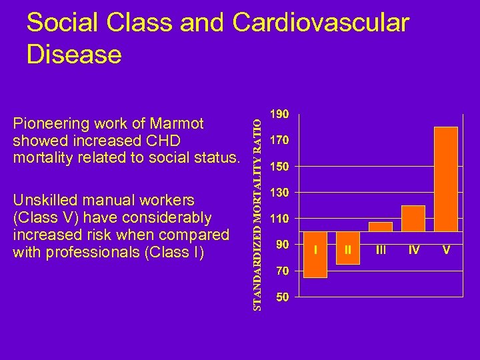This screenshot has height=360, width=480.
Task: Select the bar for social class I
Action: point(315,255)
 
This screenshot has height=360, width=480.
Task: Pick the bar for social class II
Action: point(347,248)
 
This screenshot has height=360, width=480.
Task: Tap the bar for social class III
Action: point(380,227)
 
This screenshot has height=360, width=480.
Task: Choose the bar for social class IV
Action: point(413,219)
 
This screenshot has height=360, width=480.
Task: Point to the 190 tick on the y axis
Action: point(279,114)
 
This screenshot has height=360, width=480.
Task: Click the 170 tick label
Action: point(279,141)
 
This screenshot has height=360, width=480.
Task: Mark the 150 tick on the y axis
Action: point(279,166)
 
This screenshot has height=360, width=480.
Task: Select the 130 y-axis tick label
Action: point(279,193)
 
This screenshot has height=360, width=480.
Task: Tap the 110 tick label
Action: point(279,219)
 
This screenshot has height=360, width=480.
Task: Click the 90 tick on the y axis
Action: point(282,245)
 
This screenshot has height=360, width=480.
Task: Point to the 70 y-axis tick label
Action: point(282,271)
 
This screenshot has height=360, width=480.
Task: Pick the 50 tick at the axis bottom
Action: point(282,298)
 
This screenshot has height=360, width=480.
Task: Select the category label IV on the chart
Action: point(413,250)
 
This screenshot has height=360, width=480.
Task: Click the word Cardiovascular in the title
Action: point(321,23)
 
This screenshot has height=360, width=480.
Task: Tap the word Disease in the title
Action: point(74,55)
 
